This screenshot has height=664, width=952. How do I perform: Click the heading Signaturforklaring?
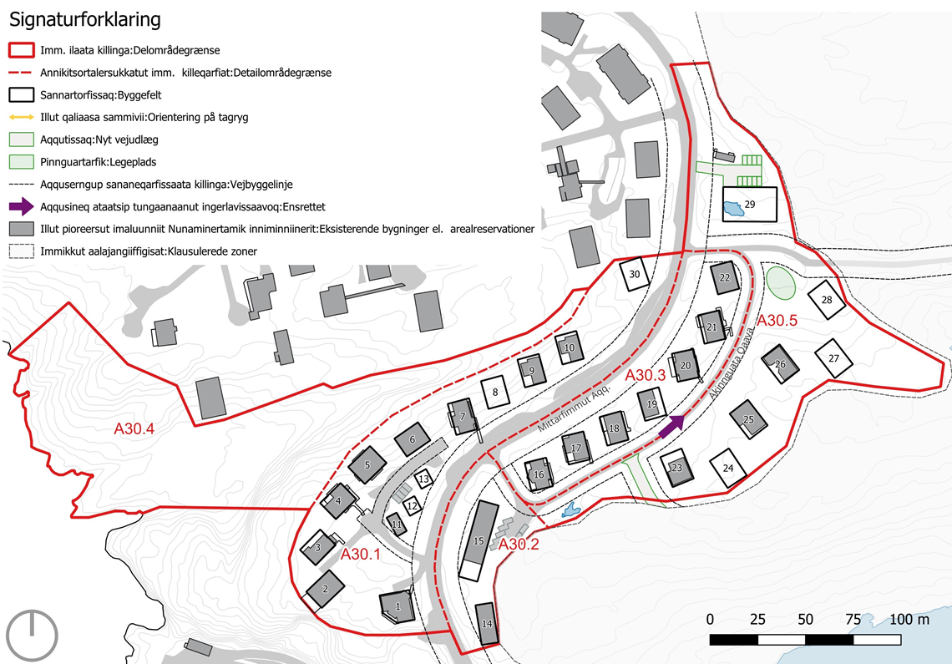click(85, 20)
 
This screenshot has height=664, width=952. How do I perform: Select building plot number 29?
click(749, 204)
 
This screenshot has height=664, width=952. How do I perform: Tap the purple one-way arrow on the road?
click(671, 427)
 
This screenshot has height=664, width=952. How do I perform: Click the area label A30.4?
click(134, 429)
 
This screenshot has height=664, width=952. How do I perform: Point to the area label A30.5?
click(777, 321)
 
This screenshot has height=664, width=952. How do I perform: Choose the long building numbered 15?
click(479, 540)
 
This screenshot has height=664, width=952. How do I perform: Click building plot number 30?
click(635, 275)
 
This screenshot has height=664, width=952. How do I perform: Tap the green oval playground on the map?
click(781, 282)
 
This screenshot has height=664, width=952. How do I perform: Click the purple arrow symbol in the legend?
click(21, 206)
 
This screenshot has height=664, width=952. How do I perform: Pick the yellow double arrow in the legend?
click(21, 117)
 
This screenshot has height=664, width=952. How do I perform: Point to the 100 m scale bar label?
click(909, 619)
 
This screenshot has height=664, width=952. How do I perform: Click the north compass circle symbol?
click(32, 634)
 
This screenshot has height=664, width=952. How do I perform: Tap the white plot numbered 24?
click(728, 468)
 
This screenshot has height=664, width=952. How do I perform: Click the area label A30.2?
click(519, 545)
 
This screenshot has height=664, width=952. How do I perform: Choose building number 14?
click(486, 624)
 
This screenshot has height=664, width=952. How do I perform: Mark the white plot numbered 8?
click(495, 393)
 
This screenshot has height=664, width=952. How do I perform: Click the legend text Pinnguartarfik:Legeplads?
click(99, 162)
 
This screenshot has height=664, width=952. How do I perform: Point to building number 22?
click(724, 277)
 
